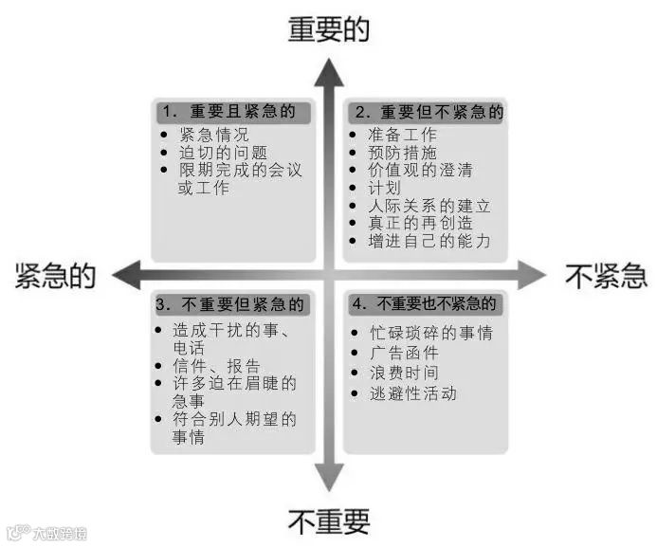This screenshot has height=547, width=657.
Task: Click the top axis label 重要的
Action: click(328, 29)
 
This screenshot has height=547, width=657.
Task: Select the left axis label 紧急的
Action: click(55, 276)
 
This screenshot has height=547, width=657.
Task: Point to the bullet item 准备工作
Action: click(402, 135)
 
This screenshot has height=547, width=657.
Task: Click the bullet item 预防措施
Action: click(402, 152)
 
